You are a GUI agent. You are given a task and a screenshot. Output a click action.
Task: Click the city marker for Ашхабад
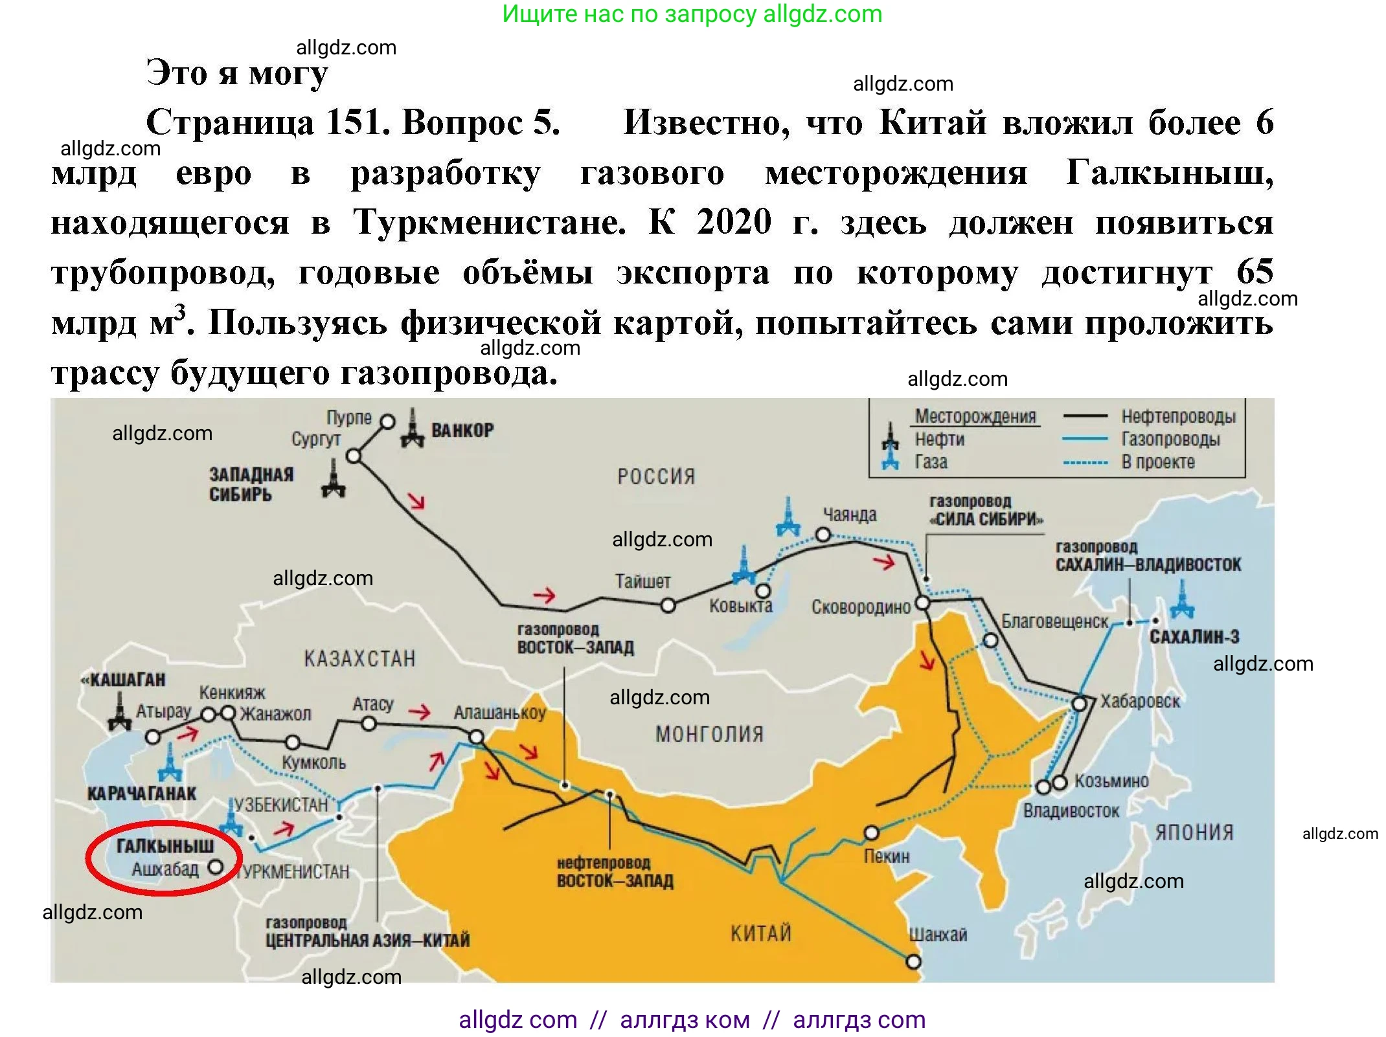pyautogui.click(x=216, y=867)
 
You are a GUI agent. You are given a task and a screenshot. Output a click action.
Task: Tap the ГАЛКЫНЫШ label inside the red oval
pyautogui.click(x=165, y=846)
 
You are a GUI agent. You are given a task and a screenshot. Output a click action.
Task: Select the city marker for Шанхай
pyautogui.click(x=913, y=962)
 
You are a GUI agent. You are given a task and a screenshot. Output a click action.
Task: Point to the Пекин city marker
pyautogui.click(x=872, y=832)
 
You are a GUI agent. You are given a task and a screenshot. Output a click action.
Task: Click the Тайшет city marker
pyautogui.click(x=668, y=606)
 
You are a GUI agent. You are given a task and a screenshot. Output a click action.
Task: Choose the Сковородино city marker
pyautogui.click(x=922, y=603)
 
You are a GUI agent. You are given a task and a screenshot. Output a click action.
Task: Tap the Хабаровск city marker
pyautogui.click(x=1079, y=704)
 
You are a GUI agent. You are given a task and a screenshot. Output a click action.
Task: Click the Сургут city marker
pyautogui.click(x=354, y=456)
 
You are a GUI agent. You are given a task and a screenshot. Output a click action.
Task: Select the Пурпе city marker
pyautogui.click(x=387, y=422)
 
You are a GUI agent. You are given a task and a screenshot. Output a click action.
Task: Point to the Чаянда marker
pyautogui.click(x=823, y=535)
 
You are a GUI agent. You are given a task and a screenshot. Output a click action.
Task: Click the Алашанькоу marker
pyautogui.click(x=476, y=737)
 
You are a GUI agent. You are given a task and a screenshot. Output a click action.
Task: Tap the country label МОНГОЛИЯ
pyautogui.click(x=709, y=734)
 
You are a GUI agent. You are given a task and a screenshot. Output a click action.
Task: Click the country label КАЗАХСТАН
pyautogui.click(x=359, y=659)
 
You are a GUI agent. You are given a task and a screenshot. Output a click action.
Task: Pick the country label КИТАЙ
pyautogui.click(x=761, y=933)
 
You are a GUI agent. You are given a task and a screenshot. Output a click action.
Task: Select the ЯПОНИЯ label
pyautogui.click(x=1194, y=832)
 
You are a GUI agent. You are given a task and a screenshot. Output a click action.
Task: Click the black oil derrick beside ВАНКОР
pyautogui.click(x=413, y=429)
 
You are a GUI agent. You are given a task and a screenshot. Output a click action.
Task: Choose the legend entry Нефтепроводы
pyautogui.click(x=1178, y=417)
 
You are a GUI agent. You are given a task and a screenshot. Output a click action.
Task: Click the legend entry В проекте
pyautogui.click(x=1157, y=462)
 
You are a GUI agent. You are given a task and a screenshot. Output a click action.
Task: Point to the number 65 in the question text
pyautogui.click(x=1255, y=272)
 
